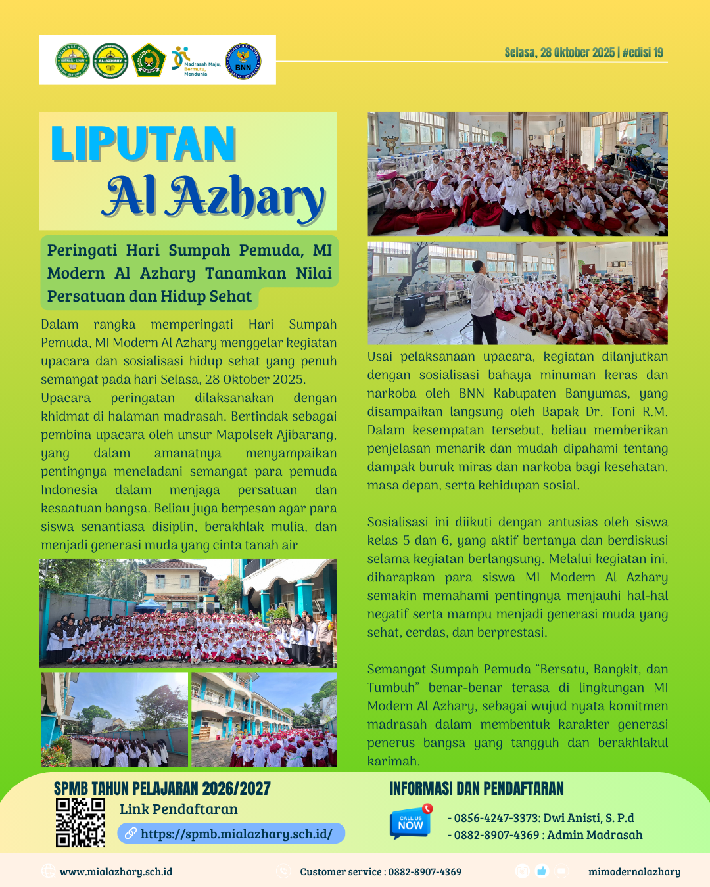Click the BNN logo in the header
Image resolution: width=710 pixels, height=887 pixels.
pos(243,61)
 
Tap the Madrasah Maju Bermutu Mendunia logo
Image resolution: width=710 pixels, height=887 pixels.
pos(195,61)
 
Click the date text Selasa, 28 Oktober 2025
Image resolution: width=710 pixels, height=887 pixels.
pos(559,53)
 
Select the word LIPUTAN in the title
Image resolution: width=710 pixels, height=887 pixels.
pos(143,144)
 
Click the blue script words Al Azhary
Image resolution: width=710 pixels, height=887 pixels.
pos(214,196)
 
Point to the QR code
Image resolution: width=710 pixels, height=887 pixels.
pos(80,822)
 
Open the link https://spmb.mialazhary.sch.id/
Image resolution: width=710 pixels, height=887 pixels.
pos(236,834)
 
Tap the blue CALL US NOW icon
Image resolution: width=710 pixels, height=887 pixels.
pos(410,822)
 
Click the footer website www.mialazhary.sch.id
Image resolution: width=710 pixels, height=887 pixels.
pos(116,872)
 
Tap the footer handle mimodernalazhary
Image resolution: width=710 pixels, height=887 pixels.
pos(634,872)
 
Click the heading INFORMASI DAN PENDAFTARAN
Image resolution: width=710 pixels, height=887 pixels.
pos(477,789)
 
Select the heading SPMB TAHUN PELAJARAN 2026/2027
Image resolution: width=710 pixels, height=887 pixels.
pos(162,789)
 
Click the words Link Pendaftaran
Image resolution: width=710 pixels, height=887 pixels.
pos(179,809)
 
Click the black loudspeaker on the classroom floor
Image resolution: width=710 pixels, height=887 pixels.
pos(414,311)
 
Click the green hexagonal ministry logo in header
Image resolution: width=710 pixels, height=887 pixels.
pos(149,61)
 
